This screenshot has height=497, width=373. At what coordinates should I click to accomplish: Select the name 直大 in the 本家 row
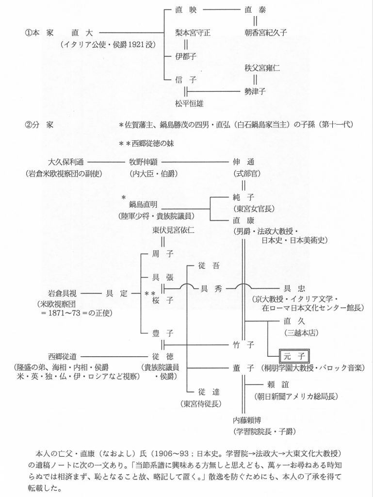click(x=81, y=33)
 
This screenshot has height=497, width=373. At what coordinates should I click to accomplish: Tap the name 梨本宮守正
click(x=193, y=33)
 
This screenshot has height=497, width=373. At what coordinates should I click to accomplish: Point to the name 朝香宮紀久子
click(x=266, y=33)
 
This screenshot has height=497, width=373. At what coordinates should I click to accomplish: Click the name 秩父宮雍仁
click(x=262, y=68)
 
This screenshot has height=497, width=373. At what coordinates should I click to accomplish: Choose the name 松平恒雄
click(x=190, y=103)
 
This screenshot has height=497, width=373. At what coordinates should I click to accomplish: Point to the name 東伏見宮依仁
click(x=173, y=230)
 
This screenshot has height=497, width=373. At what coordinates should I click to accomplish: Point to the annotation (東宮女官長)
click(x=254, y=209)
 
